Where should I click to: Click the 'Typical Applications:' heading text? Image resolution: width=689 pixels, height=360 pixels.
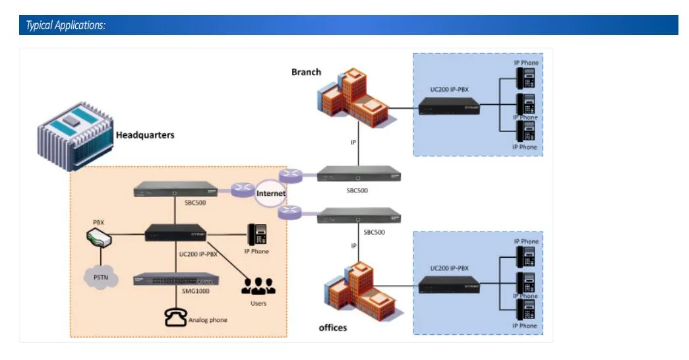[x=65, y=26]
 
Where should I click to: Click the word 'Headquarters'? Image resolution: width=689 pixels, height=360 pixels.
[x=145, y=135]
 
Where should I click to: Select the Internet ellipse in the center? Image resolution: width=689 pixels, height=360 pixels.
[x=270, y=193]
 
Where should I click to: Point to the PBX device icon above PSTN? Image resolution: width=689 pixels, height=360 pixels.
[x=99, y=237]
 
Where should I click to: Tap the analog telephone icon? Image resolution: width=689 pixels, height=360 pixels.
[x=176, y=318]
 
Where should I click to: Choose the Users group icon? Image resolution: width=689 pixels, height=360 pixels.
[x=258, y=285]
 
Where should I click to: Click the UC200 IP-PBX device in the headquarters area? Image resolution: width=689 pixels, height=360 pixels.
[x=176, y=233]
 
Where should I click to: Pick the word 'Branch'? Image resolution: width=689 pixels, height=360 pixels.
[x=306, y=72]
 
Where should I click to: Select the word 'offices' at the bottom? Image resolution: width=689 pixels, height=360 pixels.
[x=332, y=328]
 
